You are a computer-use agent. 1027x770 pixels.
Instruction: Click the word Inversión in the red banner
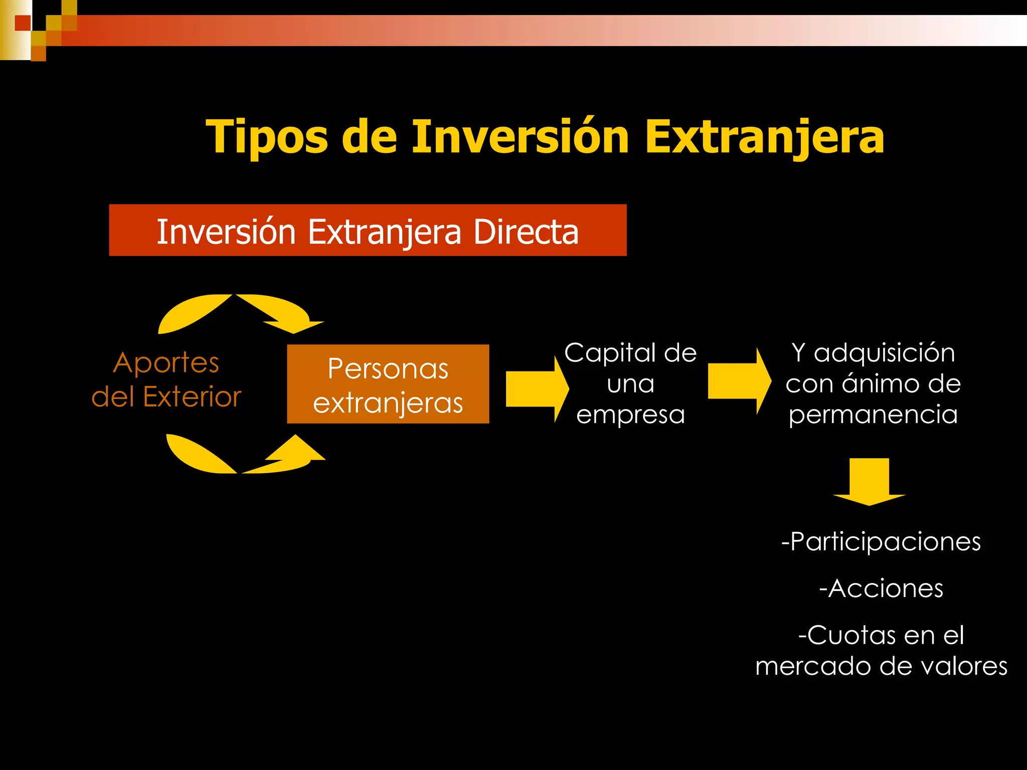click(x=226, y=232)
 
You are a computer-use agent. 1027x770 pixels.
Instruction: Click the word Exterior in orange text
click(x=192, y=397)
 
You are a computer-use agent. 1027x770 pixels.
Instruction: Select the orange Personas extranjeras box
click(x=388, y=384)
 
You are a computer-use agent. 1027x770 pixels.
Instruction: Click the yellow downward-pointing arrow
click(x=869, y=481)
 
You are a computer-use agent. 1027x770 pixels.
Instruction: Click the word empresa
click(x=630, y=415)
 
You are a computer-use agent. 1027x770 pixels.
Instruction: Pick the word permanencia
click(x=873, y=415)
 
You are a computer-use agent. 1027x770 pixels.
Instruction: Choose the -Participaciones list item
click(x=881, y=541)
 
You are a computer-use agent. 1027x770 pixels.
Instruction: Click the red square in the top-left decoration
click(x=23, y=23)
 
